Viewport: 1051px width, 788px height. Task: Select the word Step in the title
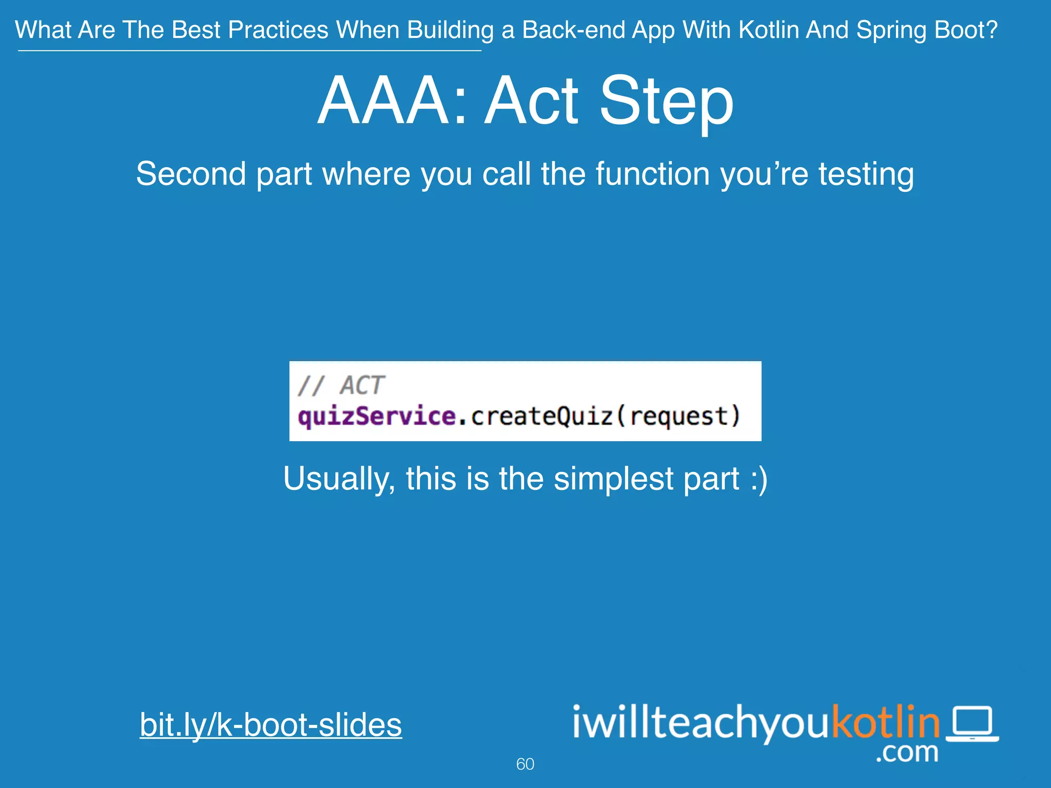pos(666,102)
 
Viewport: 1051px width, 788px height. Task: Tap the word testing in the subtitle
pos(866,174)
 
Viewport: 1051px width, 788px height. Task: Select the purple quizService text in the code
pos(377,416)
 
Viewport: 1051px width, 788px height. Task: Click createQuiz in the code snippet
pos(542,416)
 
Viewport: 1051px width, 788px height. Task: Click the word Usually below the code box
pos(339,479)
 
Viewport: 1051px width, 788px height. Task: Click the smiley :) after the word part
pos(758,479)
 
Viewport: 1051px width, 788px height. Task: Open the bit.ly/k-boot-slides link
pos(270,725)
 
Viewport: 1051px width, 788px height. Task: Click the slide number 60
pos(525,764)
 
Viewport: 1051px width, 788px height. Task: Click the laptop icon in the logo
pos(972,723)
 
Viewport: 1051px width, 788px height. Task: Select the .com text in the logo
pos(907,753)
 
